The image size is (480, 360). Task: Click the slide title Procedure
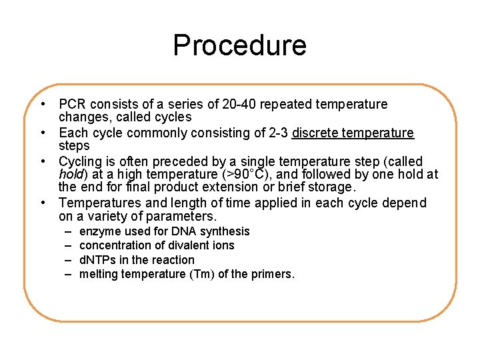tap(239, 45)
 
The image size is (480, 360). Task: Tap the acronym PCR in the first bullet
tap(73, 105)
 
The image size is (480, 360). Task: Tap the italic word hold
tap(71, 175)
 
